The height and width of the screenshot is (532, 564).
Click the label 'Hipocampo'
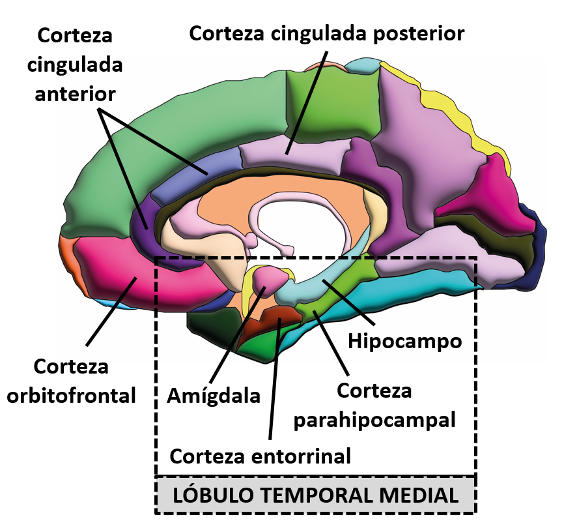coord(404,340)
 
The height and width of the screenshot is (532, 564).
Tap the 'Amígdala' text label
coord(214,394)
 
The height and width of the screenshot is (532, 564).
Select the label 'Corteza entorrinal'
coord(261,455)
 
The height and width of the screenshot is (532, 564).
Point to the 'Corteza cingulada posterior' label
coord(326,33)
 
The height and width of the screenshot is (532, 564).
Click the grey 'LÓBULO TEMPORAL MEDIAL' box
coord(316,495)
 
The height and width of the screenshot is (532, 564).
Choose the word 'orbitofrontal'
coord(72,394)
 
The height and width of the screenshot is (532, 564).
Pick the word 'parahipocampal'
coord(374,419)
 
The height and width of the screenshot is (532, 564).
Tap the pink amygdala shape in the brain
coord(269,277)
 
